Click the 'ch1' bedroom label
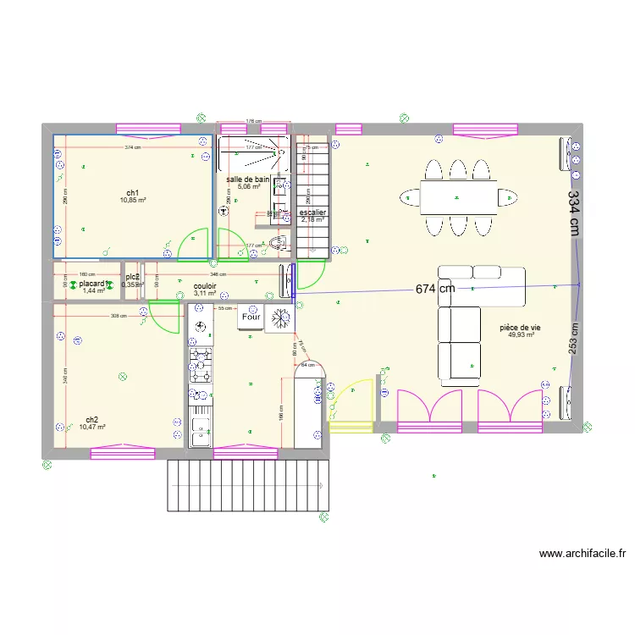click(133, 192)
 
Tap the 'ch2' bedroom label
click(92, 420)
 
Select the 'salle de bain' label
click(247, 179)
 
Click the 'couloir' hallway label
click(205, 286)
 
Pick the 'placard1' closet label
click(91, 284)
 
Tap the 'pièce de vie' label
click(521, 327)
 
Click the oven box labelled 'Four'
click(251, 317)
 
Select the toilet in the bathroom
click(281, 245)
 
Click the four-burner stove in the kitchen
click(201, 365)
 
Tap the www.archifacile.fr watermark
click(583, 555)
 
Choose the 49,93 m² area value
click(521, 335)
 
